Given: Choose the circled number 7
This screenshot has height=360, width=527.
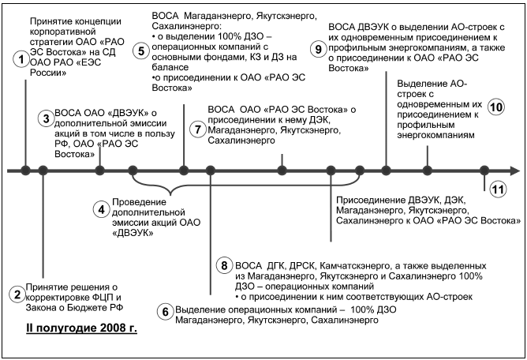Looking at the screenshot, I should point(197,126).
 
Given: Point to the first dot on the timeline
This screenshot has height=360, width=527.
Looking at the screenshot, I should point(25,170).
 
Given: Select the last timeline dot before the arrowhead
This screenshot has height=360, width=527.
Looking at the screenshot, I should point(485,170).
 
